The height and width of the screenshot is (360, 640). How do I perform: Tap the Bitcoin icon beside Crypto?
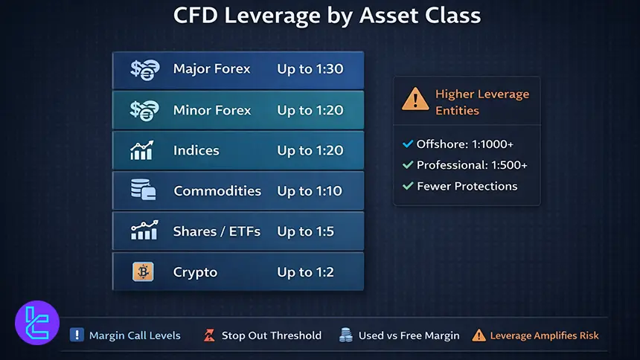click(142, 271)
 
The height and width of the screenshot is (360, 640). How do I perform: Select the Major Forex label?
click(211, 69)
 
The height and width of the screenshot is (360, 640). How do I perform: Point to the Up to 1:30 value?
click(310, 69)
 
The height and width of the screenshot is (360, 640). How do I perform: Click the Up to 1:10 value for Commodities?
click(310, 191)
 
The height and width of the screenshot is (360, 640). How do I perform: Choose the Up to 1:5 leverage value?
click(306, 231)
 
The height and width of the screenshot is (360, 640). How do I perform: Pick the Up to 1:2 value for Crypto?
click(306, 271)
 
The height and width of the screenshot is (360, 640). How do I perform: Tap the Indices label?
click(196, 150)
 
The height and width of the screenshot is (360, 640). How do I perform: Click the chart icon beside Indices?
click(142, 150)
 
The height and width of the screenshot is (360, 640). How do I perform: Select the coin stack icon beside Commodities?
click(142, 190)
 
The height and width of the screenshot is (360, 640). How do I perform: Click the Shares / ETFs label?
click(217, 231)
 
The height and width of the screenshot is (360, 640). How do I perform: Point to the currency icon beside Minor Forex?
click(142, 110)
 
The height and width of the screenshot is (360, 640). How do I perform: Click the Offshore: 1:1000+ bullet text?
click(464, 144)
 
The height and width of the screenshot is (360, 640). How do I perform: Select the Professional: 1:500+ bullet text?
click(471, 165)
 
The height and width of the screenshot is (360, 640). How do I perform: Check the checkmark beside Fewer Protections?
click(407, 186)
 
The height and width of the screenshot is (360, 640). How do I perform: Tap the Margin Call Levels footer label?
click(135, 335)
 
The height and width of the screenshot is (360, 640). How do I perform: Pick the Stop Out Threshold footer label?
click(271, 335)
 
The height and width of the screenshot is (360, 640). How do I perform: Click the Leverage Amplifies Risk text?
click(544, 335)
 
